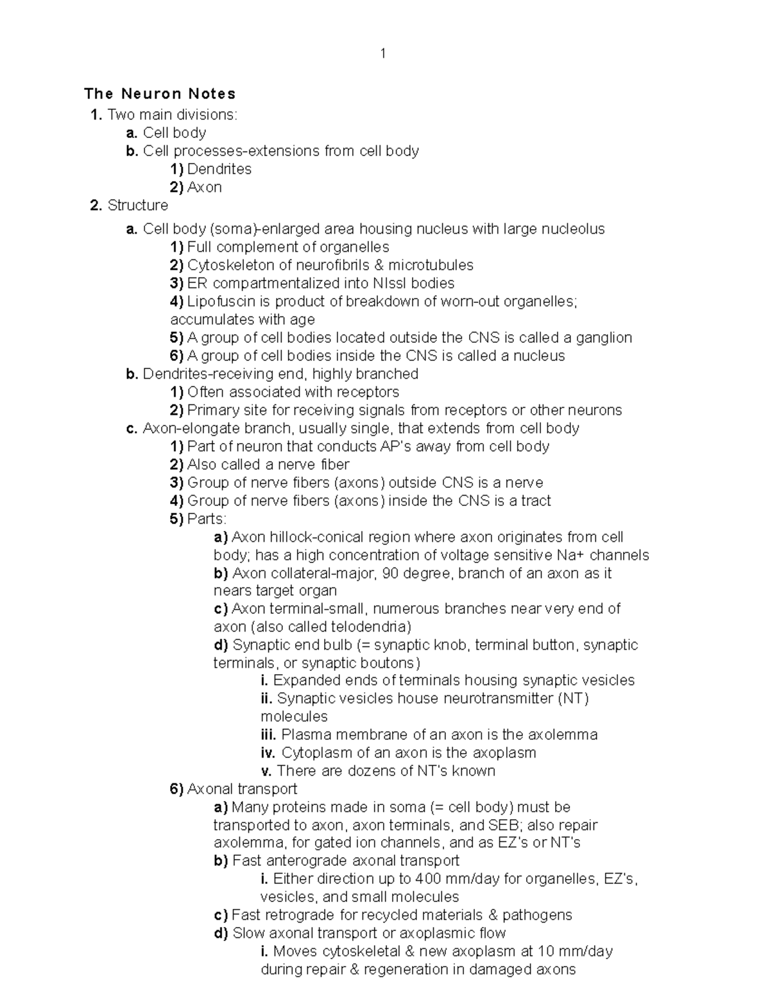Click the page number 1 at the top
tap(383, 54)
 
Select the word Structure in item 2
tap(138, 205)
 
